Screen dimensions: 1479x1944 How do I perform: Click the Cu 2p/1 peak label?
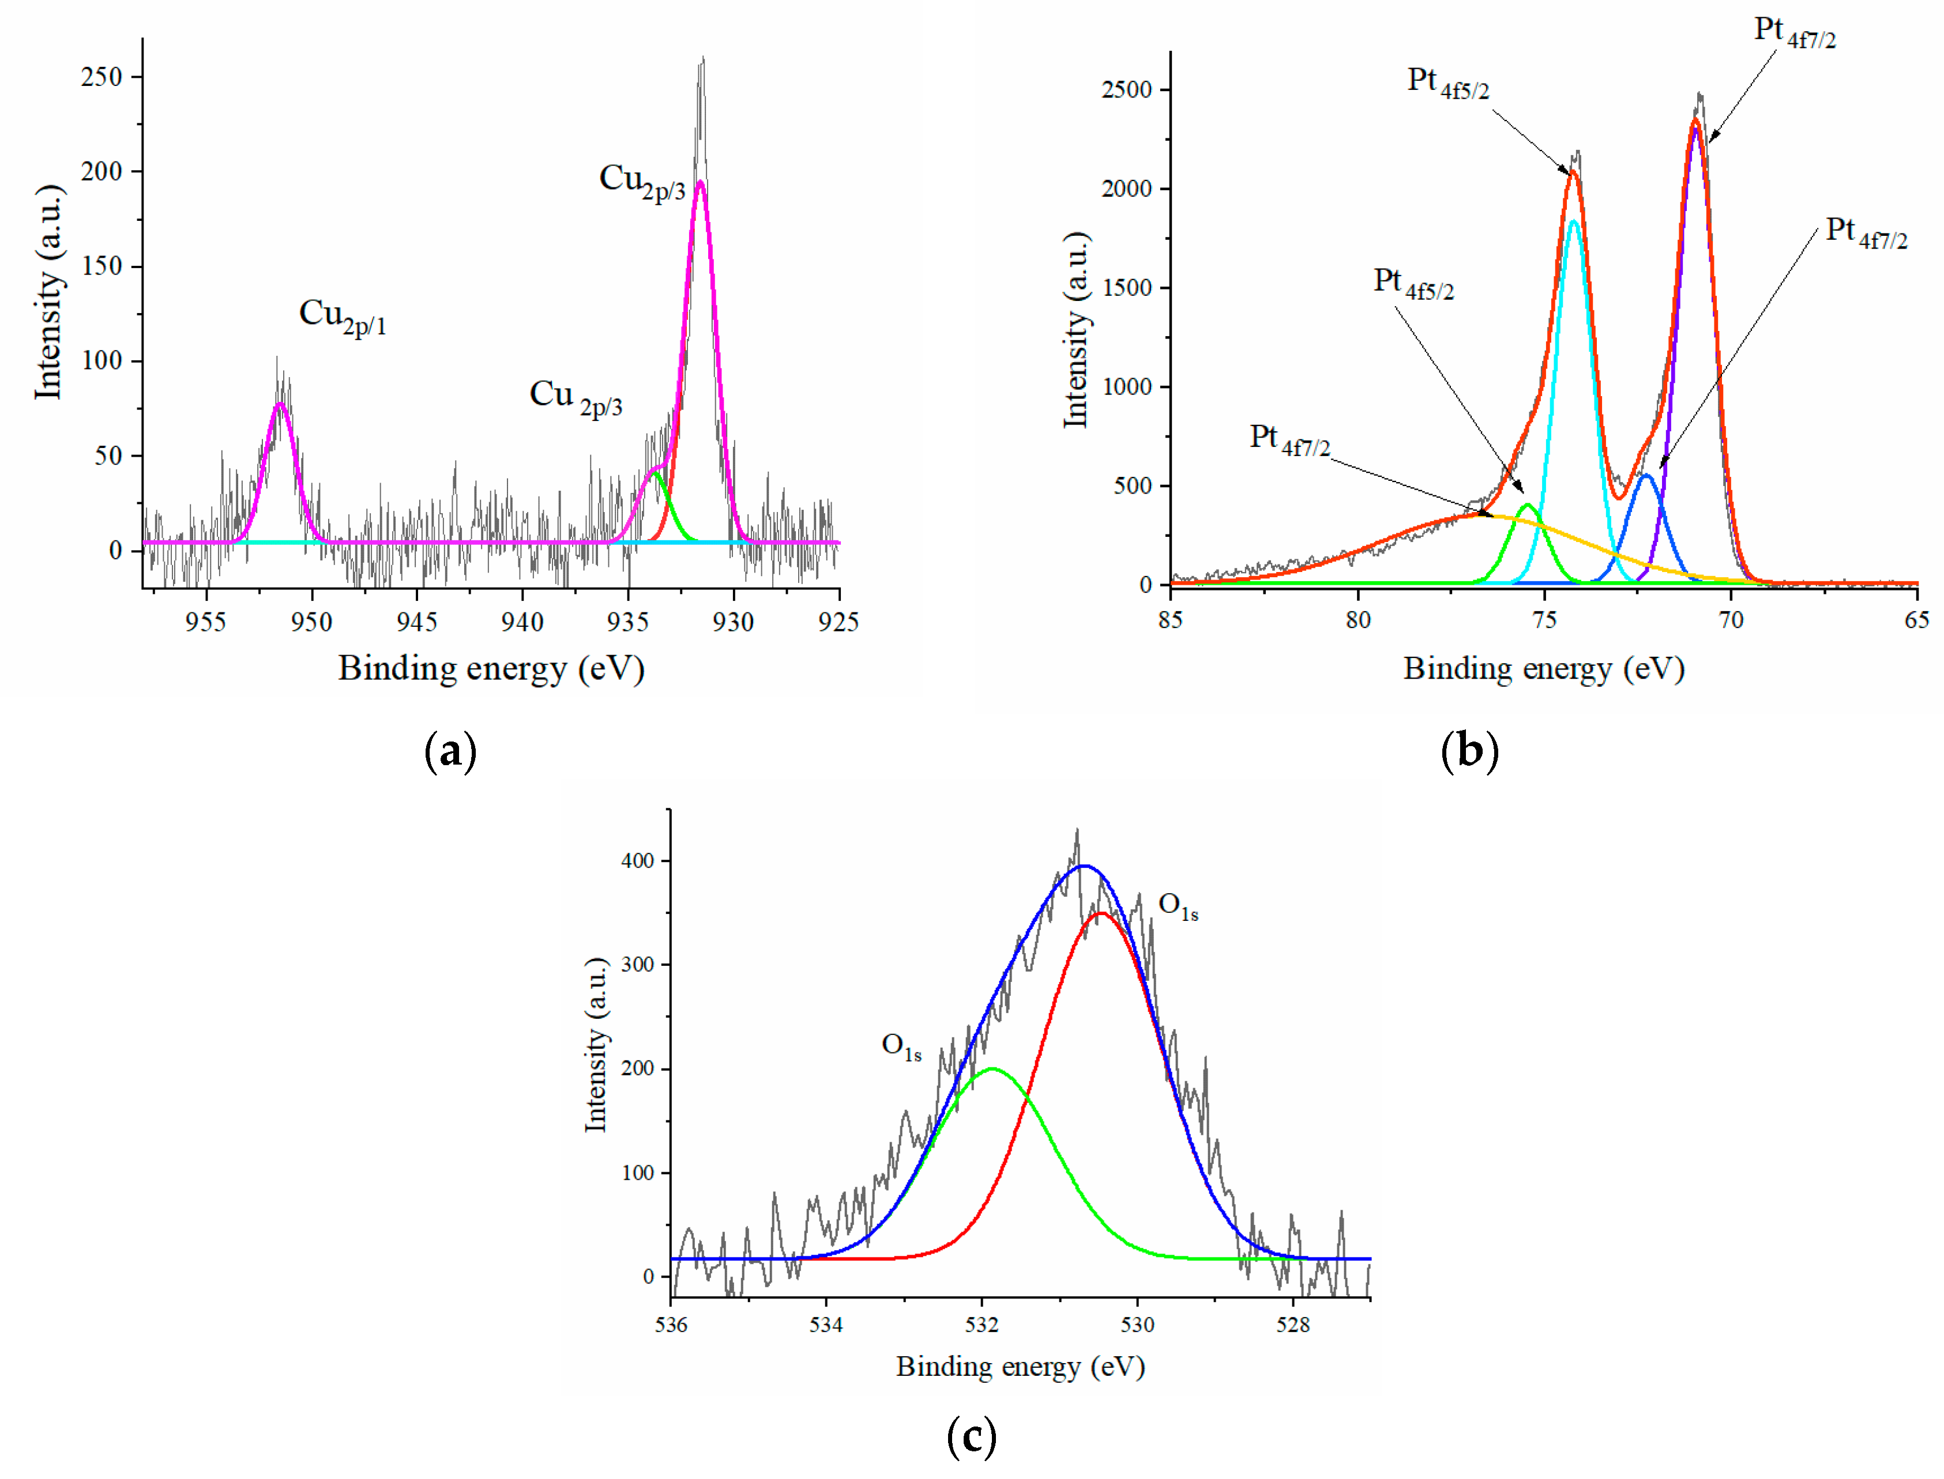(x=343, y=317)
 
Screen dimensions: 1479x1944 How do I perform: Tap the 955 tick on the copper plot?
(x=206, y=622)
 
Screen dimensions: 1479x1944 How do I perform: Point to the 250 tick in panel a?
(x=101, y=77)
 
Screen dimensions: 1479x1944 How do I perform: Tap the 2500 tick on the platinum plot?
(x=1126, y=90)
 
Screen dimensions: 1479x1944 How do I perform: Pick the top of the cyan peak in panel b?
(x=1573, y=221)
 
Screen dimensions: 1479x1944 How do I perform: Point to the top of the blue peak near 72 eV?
(x=1645, y=475)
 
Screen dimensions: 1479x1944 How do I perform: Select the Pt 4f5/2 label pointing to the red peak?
(x=1447, y=83)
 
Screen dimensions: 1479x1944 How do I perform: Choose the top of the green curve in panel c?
(x=992, y=1069)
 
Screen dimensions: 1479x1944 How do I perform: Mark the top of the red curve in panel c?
(x=1100, y=914)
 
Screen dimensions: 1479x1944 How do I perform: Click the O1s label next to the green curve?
(x=901, y=1046)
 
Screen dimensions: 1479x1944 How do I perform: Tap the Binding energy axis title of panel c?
(x=1020, y=1367)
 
